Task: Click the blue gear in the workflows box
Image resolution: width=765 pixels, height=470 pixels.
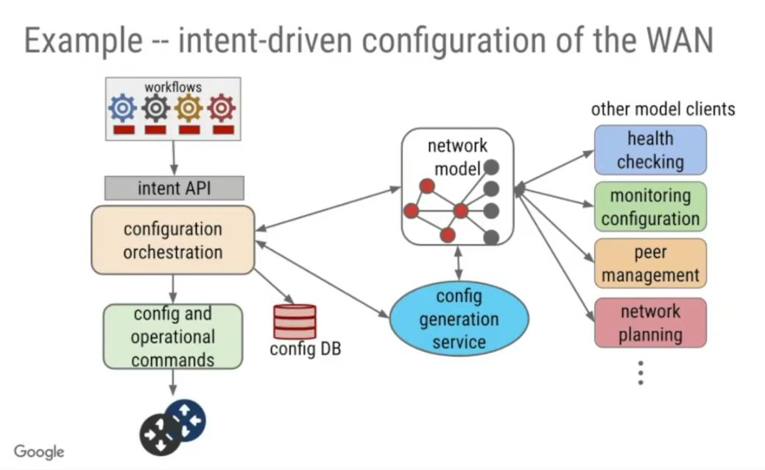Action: (122, 108)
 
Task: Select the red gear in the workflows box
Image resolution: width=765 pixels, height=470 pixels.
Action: (221, 108)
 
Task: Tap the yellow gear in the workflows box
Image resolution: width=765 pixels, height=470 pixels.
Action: (188, 108)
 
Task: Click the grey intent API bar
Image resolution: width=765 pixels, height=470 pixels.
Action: (174, 188)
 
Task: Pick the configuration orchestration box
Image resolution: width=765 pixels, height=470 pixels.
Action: (173, 240)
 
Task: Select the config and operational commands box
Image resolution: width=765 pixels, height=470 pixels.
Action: (173, 337)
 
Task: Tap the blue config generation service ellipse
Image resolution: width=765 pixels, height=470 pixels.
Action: (459, 319)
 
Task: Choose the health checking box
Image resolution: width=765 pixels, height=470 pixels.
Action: (650, 150)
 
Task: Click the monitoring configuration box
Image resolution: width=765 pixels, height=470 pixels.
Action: (650, 207)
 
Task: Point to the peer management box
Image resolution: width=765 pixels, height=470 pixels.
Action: (650, 264)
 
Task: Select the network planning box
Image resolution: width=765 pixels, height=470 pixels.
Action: (650, 323)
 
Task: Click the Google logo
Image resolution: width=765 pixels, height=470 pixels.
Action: (39, 452)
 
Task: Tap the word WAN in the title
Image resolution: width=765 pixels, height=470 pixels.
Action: (677, 41)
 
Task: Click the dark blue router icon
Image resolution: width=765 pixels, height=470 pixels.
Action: (186, 420)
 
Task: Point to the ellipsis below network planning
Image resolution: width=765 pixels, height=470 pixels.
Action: (641, 373)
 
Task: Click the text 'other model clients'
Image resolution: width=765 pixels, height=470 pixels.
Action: (663, 109)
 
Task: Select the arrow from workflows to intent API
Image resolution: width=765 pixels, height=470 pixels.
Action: (174, 158)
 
